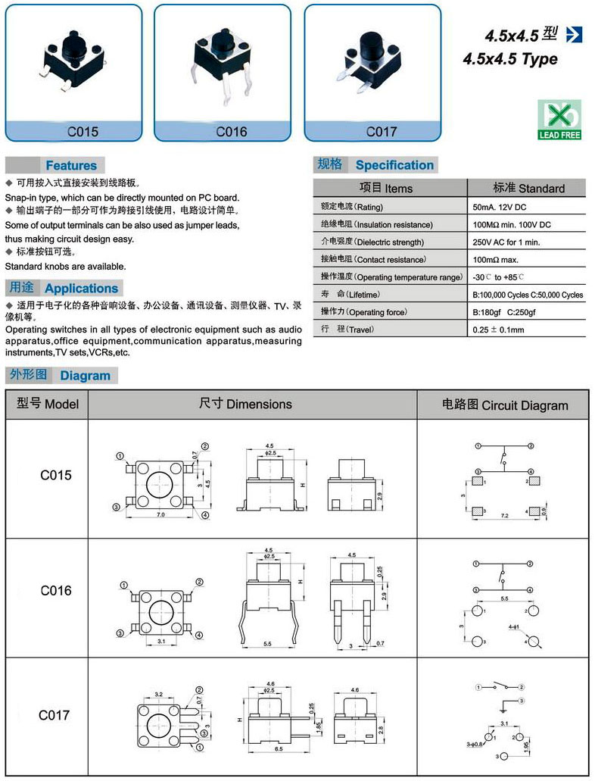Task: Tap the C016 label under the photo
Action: pyautogui.click(x=232, y=132)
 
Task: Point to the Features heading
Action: pyautogui.click(x=71, y=165)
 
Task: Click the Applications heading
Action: pyautogui.click(x=81, y=288)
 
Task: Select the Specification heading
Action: pyautogui.click(x=394, y=165)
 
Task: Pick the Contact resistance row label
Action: pyautogui.click(x=366, y=260)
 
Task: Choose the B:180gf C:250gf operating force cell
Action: pyautogui.click(x=504, y=312)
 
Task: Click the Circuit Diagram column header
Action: pyautogui.click(x=505, y=405)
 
